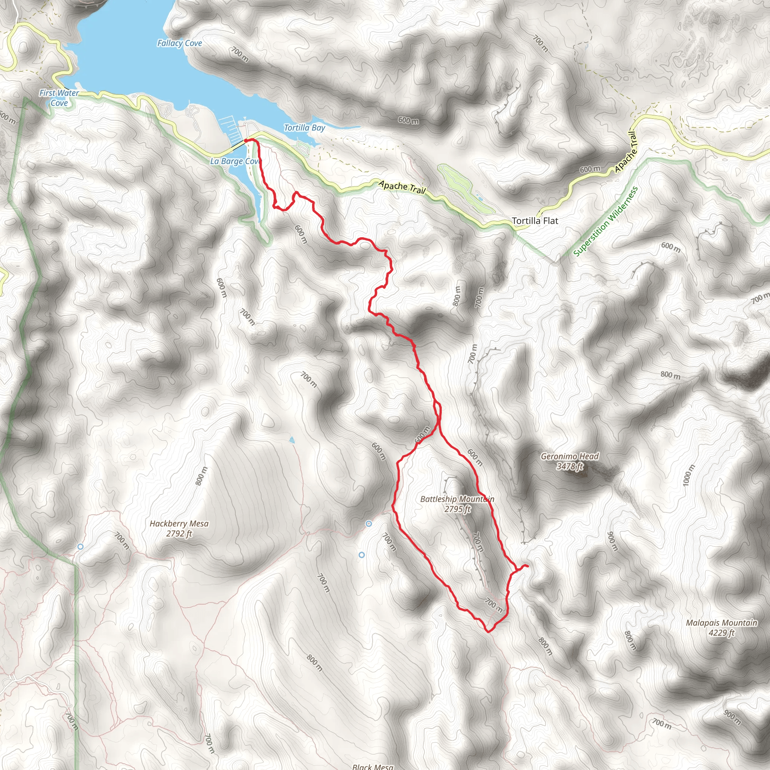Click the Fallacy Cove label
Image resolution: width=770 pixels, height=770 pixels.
(x=179, y=43)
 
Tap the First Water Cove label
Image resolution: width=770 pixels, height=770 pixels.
(x=59, y=98)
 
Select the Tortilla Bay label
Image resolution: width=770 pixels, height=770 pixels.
(x=304, y=127)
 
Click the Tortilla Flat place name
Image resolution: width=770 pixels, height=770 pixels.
(x=535, y=220)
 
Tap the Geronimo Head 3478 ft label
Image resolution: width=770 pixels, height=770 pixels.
(x=570, y=461)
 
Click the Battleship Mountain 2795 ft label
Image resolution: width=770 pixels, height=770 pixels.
(x=457, y=504)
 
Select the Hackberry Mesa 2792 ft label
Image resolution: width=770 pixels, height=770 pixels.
(x=179, y=529)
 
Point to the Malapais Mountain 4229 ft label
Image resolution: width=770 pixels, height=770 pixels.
(x=721, y=628)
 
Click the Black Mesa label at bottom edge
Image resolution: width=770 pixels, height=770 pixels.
(x=373, y=766)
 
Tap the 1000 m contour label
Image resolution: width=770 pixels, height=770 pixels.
(x=688, y=475)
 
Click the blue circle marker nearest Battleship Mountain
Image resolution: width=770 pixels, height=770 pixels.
(x=369, y=523)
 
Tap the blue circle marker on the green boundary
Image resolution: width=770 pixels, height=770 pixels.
(x=80, y=546)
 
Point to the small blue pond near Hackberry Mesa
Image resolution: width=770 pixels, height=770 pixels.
(x=292, y=440)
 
